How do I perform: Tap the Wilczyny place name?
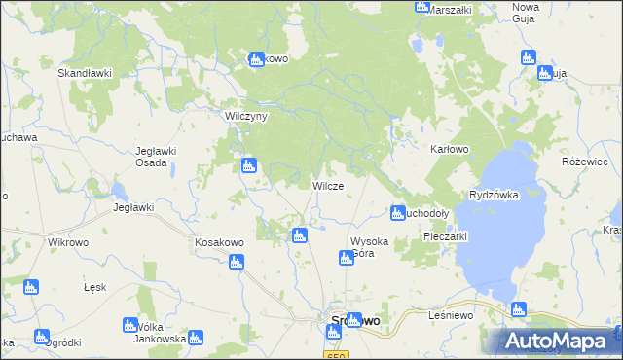(245, 115)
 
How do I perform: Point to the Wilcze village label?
(326, 185)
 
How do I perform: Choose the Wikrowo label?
(68, 241)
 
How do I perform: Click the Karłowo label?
(450, 150)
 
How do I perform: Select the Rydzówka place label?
(494, 195)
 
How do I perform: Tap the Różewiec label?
(584, 162)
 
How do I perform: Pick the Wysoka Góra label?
(369, 247)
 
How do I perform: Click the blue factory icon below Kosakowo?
(236, 261)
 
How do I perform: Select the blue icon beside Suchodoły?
(397, 212)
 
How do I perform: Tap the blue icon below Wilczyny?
(249, 166)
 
